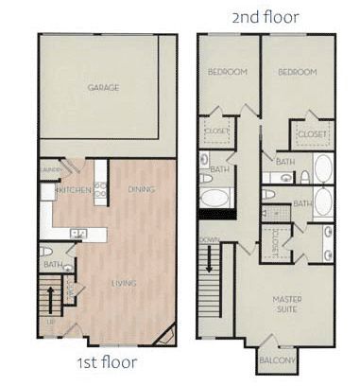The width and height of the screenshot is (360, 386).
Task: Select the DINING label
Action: [140, 189]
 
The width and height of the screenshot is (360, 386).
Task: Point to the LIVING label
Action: [123, 283]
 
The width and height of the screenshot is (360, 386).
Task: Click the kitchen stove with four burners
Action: [100, 188]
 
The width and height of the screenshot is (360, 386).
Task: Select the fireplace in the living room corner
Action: [166, 333]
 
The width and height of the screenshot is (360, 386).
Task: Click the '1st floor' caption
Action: [106, 362]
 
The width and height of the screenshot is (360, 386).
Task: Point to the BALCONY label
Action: [278, 360]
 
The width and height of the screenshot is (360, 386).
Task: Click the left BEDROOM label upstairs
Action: [228, 72]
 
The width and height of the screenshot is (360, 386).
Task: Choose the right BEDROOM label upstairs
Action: [296, 72]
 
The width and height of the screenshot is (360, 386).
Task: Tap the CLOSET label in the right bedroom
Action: [312, 134]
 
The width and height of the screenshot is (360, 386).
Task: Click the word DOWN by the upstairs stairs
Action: [209, 240]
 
